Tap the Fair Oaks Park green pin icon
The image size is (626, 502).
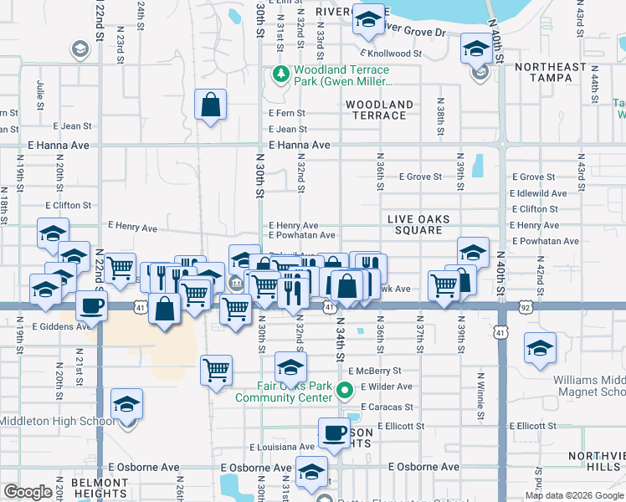(x=344, y=391)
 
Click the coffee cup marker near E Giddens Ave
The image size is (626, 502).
(x=91, y=305)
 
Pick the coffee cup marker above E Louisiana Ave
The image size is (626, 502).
(x=335, y=433)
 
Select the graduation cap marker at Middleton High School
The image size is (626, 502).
(x=126, y=405)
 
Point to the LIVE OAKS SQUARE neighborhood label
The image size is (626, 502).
(x=419, y=224)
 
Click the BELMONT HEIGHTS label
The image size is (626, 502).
(x=99, y=489)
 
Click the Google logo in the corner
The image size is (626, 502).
(x=28, y=492)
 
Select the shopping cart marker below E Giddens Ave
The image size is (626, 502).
(x=217, y=369)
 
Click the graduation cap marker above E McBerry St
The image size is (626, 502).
(x=290, y=366)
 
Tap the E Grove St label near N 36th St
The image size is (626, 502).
(x=420, y=177)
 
